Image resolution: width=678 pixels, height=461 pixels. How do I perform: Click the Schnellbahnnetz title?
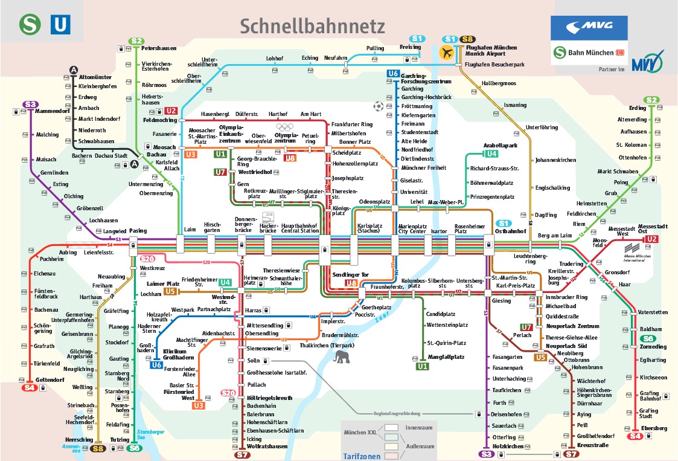pos(312,26)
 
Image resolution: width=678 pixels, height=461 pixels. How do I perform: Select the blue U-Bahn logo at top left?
pos(61,25)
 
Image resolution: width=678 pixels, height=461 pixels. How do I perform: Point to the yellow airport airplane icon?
pos(447,52)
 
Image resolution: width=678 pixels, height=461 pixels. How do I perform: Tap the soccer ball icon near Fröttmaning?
pos(378,106)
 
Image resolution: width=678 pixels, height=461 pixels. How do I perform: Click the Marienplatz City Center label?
pos(412,230)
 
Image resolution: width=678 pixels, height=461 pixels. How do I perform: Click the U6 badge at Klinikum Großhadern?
pos(157,365)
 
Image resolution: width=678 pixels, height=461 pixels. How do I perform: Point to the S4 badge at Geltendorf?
pos(29,388)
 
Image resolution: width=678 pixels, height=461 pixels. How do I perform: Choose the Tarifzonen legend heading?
pos(362,456)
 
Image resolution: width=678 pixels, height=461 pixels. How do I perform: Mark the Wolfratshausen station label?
pos(266,446)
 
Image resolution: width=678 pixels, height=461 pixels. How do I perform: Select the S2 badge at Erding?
pos(651,100)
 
